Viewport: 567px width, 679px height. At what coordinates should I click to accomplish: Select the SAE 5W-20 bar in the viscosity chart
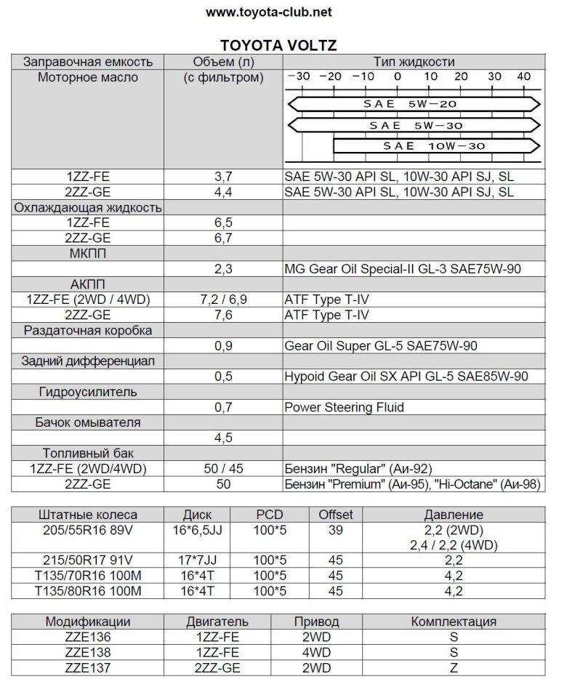pos(410,104)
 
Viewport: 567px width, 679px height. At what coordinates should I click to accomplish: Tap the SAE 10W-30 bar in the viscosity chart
pos(436,146)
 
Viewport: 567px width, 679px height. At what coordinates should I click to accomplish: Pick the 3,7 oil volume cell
pos(223,177)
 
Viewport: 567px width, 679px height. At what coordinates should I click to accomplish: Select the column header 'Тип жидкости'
pos(414,62)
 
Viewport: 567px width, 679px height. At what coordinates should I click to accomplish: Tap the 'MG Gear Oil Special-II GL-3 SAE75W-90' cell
pos(404,269)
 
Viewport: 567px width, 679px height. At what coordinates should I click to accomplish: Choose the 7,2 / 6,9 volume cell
pos(223,300)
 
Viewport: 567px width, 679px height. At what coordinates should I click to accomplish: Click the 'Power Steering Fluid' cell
pos(344,407)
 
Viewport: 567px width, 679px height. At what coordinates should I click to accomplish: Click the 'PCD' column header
pos(270,515)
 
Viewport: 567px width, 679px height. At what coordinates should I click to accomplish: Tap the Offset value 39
pos(335,530)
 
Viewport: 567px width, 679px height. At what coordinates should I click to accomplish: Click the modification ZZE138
pos(88,652)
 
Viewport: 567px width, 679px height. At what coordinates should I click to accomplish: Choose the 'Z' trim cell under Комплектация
pos(454,667)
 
